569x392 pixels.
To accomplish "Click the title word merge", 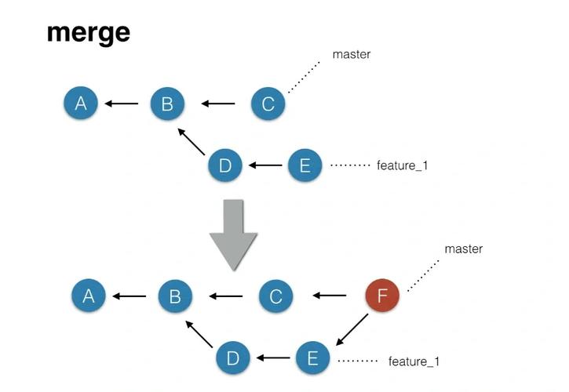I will [88, 32].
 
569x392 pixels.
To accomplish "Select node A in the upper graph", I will [81, 103].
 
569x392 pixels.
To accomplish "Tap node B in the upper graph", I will [166, 103].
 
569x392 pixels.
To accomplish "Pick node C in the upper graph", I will [268, 103].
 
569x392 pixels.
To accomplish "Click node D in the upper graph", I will [225, 165].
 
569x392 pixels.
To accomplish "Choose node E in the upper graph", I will [305, 165].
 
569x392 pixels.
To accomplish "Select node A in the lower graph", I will [89, 296].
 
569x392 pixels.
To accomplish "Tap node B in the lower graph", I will [175, 296].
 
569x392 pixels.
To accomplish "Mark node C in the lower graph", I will [275, 296].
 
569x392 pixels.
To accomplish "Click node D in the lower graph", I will [233, 358].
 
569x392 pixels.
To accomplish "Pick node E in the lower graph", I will [313, 358].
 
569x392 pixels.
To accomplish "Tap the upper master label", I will [351, 55].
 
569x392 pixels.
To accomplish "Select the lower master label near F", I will [463, 249].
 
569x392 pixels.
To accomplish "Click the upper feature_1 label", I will [403, 165].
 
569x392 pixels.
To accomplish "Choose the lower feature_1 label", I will [413, 361].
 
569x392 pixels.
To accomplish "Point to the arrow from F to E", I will [352, 330].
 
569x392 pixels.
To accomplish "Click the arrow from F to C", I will [330, 296].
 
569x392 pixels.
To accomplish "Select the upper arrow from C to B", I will [217, 103].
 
